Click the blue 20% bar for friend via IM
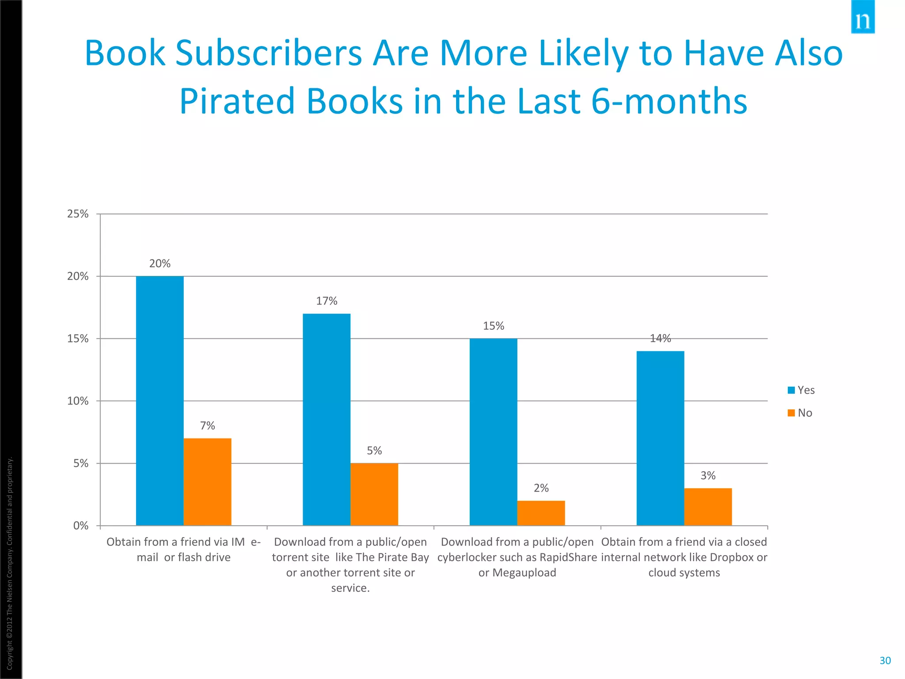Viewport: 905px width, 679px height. point(160,401)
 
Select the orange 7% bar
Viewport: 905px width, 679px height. point(207,482)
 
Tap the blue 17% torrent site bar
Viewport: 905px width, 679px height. point(327,420)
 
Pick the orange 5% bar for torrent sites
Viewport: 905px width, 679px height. point(374,494)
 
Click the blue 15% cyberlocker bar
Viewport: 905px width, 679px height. point(493,432)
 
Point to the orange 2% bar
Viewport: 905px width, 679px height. point(541,513)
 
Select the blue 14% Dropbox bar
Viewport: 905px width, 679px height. point(660,438)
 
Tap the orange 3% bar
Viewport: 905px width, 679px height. point(708,507)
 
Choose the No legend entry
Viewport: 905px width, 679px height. point(800,413)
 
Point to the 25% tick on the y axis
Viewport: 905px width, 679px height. point(78,214)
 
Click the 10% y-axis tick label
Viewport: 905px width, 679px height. point(78,401)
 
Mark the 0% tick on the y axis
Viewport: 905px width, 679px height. point(81,526)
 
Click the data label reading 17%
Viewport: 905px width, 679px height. point(327,301)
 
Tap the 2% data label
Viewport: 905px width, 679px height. point(541,488)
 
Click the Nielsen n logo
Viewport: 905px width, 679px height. point(863,18)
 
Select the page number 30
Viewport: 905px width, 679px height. point(885,660)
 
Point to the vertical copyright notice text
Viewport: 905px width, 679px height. point(10,564)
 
